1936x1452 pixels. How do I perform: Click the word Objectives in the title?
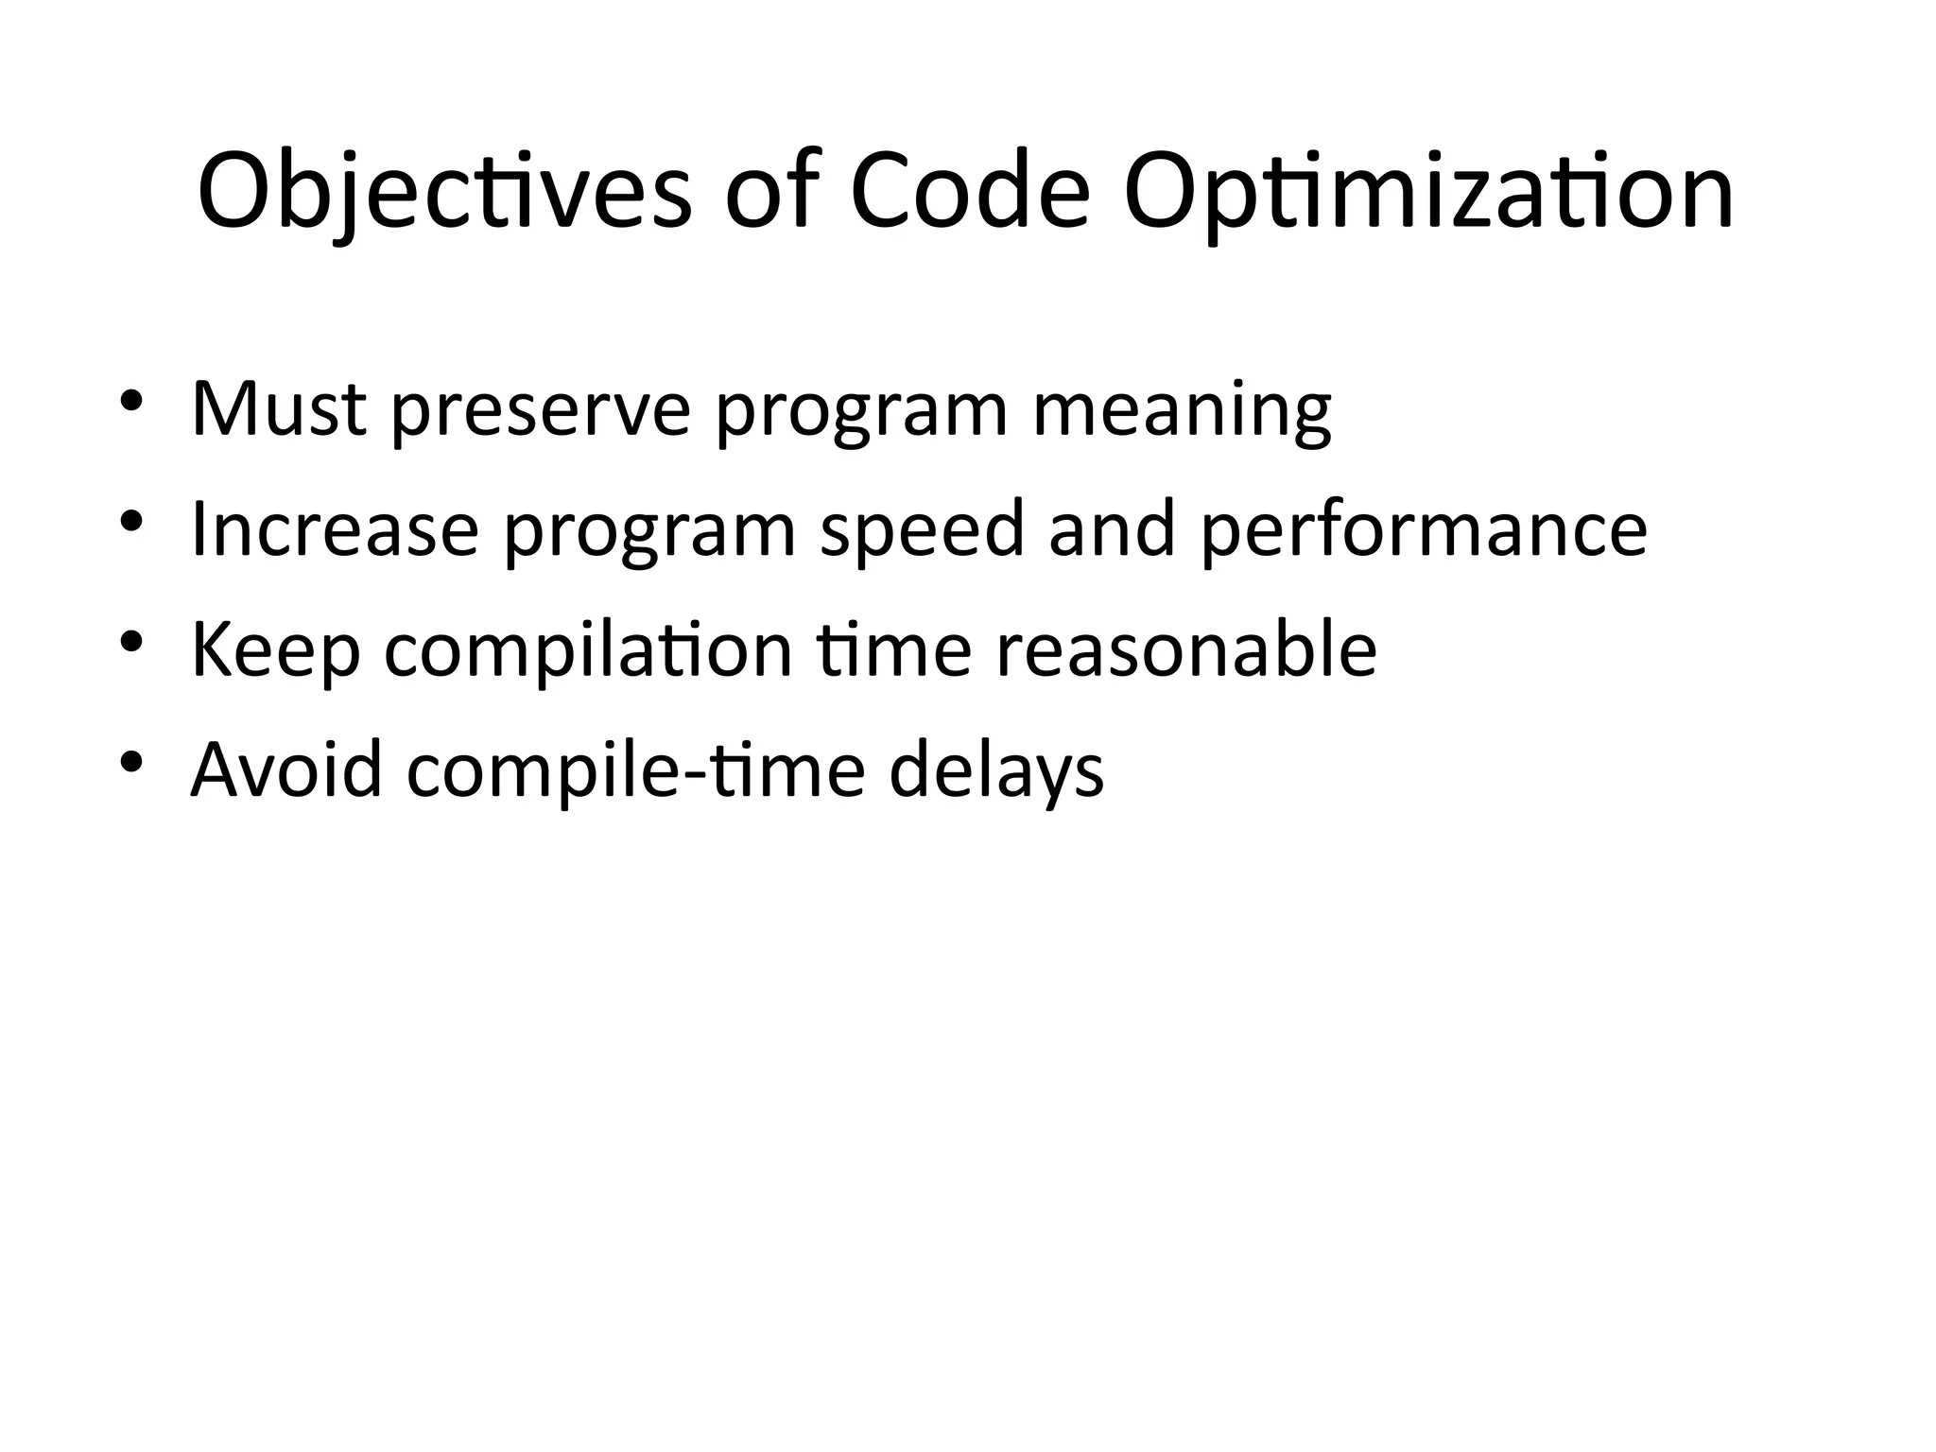[444, 194]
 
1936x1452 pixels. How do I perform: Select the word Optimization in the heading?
[1428, 194]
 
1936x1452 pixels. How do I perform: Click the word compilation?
[588, 651]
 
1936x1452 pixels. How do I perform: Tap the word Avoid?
[286, 770]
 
